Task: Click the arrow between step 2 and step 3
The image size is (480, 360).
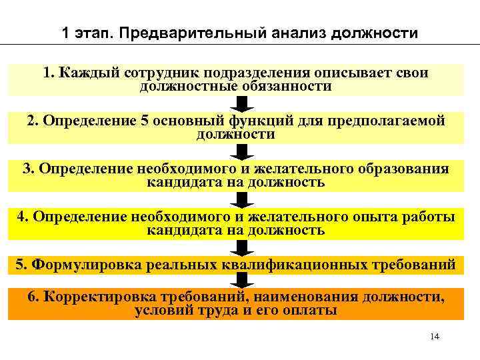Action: (x=242, y=152)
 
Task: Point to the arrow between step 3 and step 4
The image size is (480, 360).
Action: (x=242, y=200)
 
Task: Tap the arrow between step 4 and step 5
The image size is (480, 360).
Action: (x=242, y=248)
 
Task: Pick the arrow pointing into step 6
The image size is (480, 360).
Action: (x=242, y=281)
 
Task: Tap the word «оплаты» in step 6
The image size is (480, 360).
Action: (x=313, y=310)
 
